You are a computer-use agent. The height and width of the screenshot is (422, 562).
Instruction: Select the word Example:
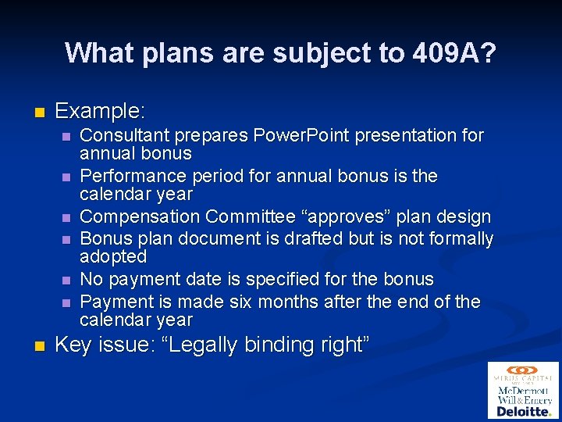point(101,111)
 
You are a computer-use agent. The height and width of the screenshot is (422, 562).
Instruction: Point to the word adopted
point(113,256)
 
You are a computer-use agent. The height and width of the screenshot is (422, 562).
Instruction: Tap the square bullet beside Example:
point(38,112)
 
